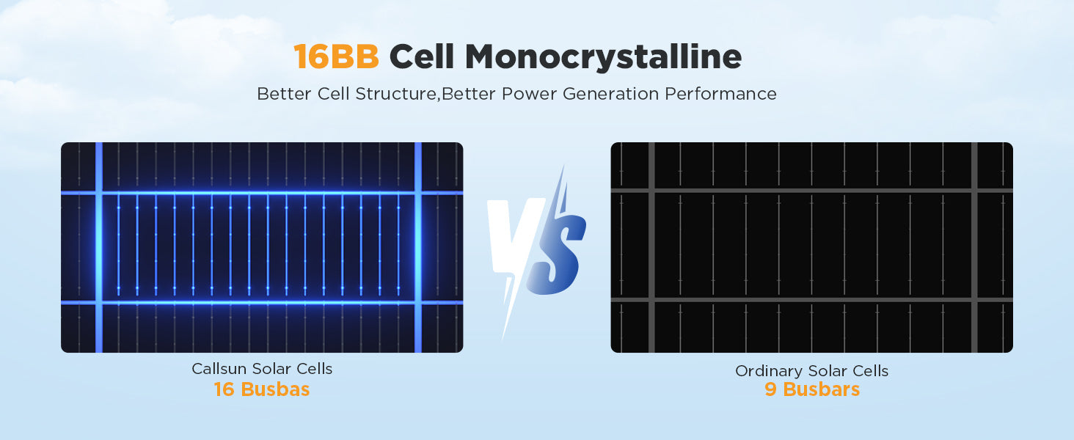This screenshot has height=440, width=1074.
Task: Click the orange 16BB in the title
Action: (x=336, y=56)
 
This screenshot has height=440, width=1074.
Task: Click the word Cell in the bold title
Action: (x=422, y=56)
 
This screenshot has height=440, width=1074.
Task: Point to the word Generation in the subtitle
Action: (x=610, y=94)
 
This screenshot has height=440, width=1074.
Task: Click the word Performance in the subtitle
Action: (x=720, y=94)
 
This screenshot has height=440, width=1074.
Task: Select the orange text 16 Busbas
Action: (x=262, y=389)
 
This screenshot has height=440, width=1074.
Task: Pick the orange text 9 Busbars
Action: (x=812, y=389)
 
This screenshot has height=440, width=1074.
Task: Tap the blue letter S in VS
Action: (x=558, y=254)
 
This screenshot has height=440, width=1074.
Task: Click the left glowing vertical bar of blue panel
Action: (x=99, y=247)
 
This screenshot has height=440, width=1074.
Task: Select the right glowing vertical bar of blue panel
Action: (x=418, y=247)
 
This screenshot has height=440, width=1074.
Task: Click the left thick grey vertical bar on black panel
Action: (x=651, y=247)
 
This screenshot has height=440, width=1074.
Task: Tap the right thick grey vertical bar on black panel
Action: (x=974, y=247)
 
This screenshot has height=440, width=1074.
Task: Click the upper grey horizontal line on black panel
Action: (x=811, y=191)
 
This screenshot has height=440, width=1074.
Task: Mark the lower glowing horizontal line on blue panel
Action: (x=262, y=302)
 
